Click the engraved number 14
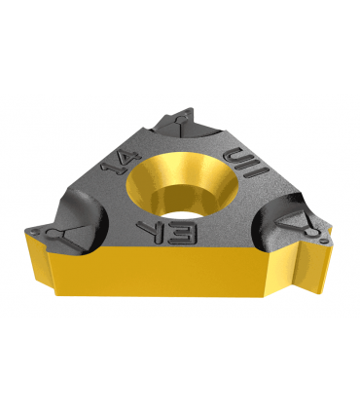click(121, 163)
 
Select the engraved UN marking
click(247, 163)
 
